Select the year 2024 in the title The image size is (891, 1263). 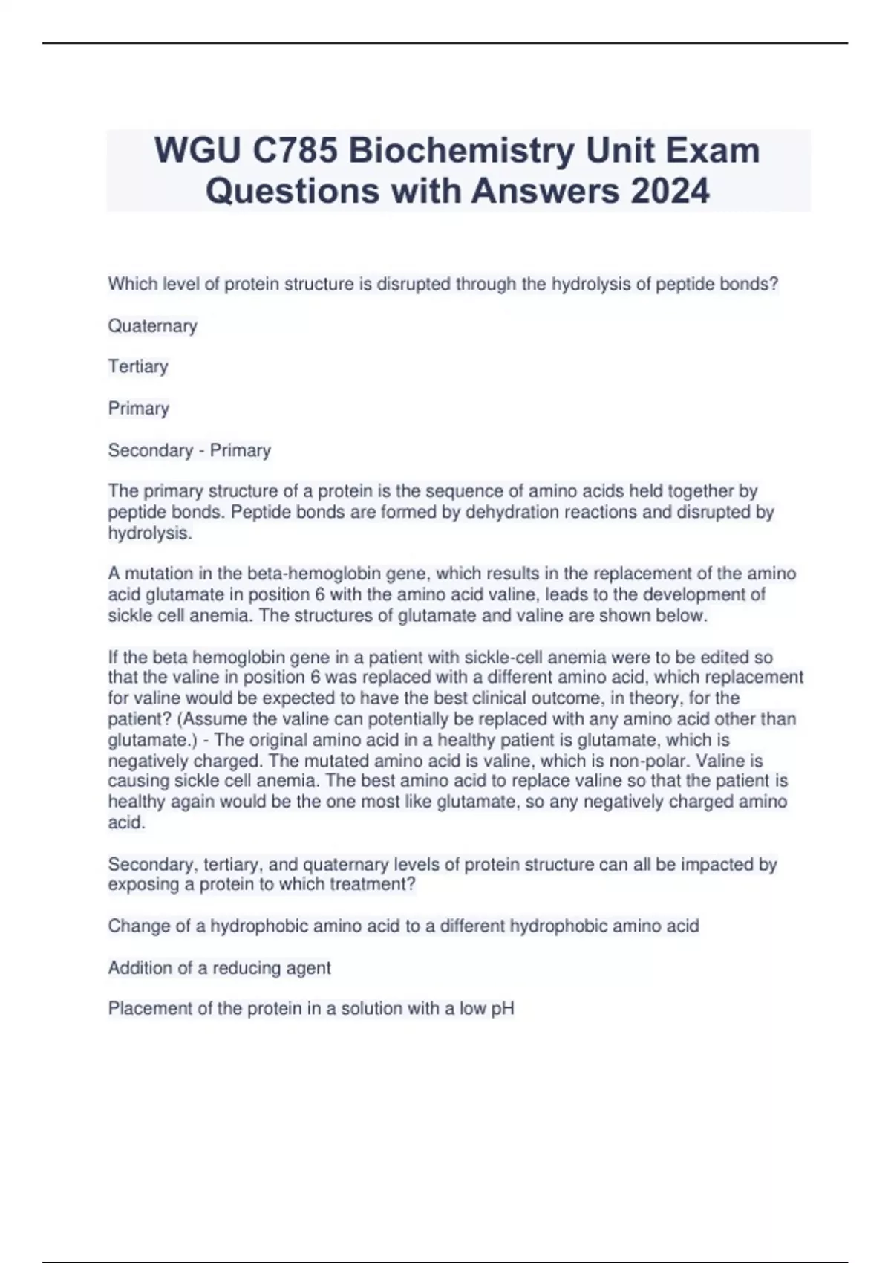pos(670,191)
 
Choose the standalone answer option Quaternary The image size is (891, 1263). pos(153,326)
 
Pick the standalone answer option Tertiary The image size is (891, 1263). pos(138,366)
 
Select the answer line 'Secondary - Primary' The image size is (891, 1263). pos(189,450)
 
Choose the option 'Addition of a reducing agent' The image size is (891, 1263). pos(220,968)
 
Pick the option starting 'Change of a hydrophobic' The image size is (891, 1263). pos(403,926)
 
